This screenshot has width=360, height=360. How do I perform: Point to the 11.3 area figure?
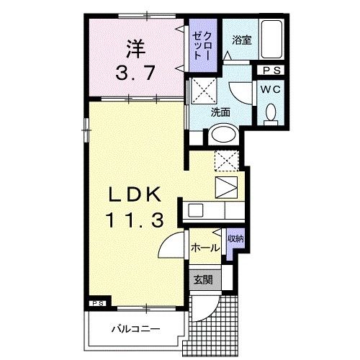click(x=135, y=219)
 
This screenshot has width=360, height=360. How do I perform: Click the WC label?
click(x=271, y=89)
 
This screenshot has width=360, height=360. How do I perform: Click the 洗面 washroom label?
click(x=220, y=113)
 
